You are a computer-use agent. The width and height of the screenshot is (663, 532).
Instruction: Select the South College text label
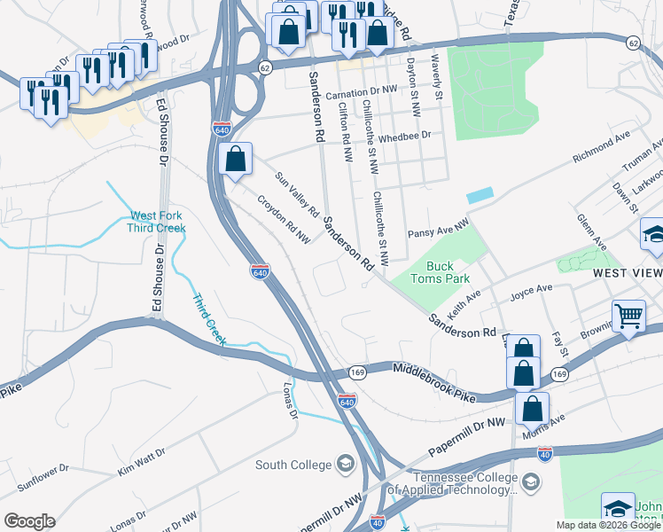coord(292,464)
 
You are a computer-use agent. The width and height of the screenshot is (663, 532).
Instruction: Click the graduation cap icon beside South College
coord(344,464)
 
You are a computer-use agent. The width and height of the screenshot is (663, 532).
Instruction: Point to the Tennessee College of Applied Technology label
coord(464,482)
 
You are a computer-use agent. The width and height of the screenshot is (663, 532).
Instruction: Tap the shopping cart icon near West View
coord(628,315)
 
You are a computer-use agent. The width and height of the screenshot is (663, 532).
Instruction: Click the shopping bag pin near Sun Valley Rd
coord(235,160)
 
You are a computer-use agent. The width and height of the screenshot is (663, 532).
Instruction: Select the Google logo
coord(29,521)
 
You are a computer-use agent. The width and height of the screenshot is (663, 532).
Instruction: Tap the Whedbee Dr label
coord(403,136)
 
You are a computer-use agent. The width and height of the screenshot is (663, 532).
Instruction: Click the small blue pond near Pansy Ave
coord(480,194)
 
